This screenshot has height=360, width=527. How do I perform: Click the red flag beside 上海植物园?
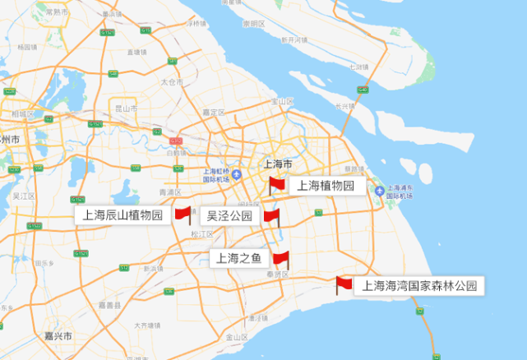(276, 185)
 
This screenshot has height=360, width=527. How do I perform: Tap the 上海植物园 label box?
(326, 186)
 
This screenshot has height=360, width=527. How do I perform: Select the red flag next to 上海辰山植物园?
(183, 215)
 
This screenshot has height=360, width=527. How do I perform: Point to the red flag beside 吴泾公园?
(270, 217)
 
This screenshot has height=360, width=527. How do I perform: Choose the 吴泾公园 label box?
(229, 216)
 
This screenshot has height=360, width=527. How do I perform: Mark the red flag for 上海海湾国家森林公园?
(344, 285)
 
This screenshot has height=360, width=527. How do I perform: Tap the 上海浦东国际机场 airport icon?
(379, 192)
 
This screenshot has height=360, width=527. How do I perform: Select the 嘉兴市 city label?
(58, 337)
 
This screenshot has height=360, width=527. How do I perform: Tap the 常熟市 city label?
(58, 12)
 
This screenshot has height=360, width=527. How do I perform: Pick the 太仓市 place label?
(170, 82)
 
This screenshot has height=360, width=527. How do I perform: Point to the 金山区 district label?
(237, 337)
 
